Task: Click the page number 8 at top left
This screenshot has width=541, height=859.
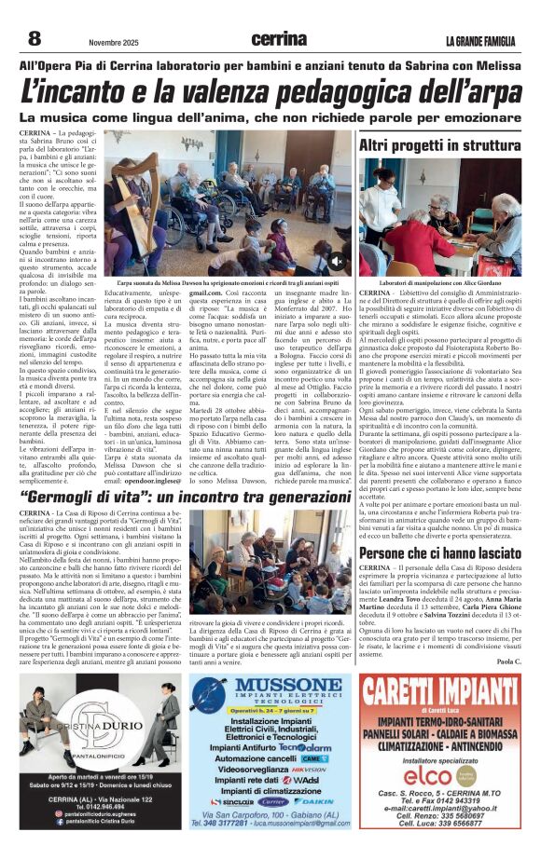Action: click(x=34, y=38)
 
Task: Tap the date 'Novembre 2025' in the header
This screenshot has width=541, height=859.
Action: click(x=116, y=41)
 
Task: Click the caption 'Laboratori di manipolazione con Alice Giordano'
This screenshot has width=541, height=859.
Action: click(x=440, y=282)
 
